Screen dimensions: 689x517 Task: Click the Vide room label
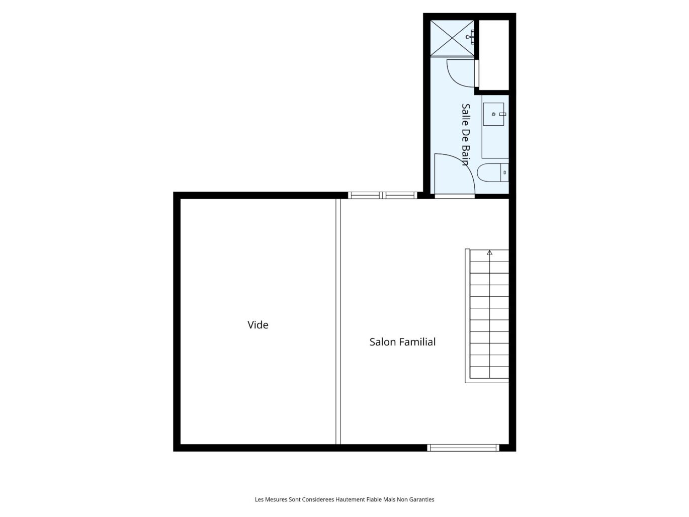(257, 325)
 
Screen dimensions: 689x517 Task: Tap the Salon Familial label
(402, 342)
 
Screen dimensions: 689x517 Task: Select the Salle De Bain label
(466, 134)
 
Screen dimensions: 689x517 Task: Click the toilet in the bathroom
(492, 173)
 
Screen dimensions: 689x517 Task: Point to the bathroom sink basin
(493, 114)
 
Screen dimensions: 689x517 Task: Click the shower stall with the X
(452, 38)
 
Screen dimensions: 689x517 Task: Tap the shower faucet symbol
(470, 37)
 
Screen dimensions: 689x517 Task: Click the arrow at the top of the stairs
(489, 252)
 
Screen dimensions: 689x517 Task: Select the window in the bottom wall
(463, 448)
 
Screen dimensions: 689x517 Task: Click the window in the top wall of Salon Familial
(382, 195)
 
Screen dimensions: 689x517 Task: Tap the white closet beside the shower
(493, 55)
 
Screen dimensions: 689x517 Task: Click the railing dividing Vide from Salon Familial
(338, 321)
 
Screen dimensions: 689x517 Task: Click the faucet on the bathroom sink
(502, 114)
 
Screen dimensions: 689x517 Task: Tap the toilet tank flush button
(504, 173)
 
